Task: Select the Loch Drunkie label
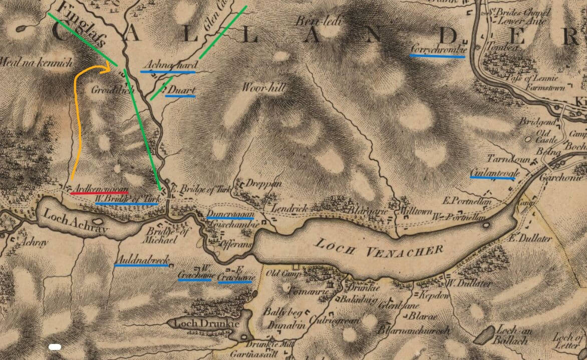[206, 323]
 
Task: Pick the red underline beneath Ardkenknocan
[99, 192]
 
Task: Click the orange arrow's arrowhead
[107, 70]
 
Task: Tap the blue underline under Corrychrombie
[437, 56]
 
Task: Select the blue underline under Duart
[180, 96]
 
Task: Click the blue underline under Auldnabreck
[142, 265]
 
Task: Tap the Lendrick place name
[286, 207]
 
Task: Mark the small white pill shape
[55, 346]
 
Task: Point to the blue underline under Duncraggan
[231, 218]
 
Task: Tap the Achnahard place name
[170, 65]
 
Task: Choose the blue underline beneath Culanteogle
[493, 178]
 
